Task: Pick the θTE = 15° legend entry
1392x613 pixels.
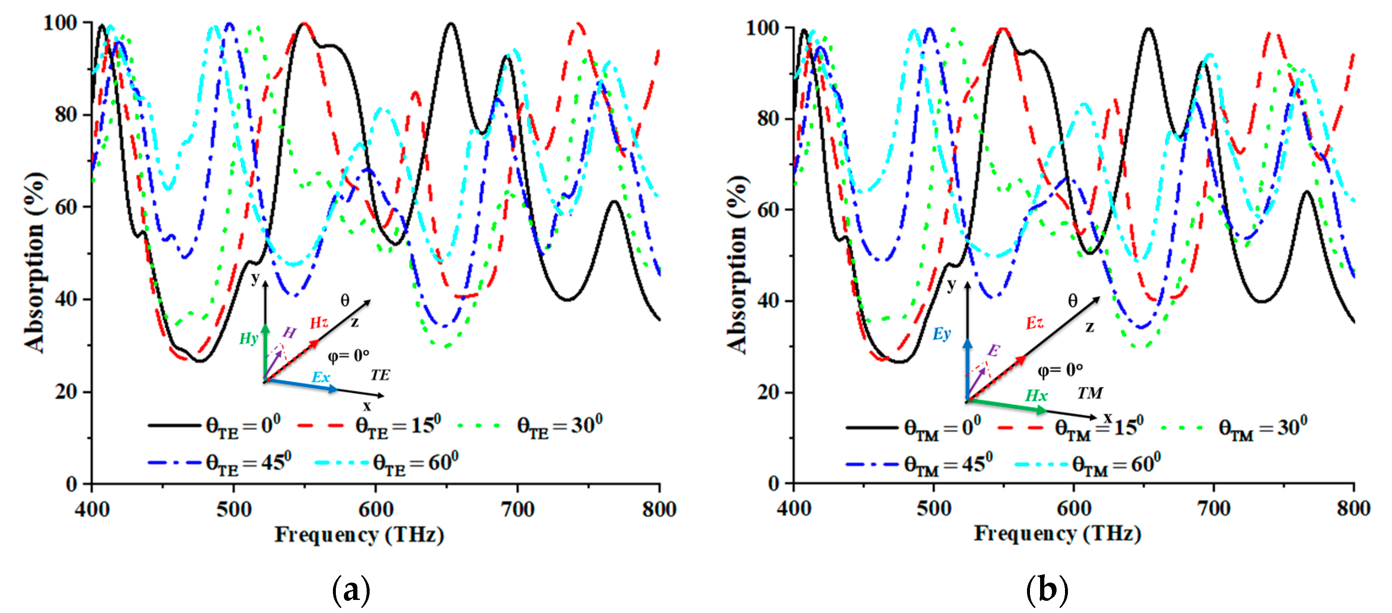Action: tap(370, 426)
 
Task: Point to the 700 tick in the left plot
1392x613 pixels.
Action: tap(517, 509)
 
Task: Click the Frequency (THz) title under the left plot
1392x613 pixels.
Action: tap(359, 535)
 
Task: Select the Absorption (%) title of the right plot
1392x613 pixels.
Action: tap(737, 265)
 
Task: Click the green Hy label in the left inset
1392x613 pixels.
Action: tap(248, 339)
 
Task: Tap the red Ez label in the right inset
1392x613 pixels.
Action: tap(1034, 323)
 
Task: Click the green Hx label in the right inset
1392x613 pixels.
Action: tap(1036, 395)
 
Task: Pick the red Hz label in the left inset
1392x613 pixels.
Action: tap(319, 323)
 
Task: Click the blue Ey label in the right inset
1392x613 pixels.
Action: tap(941, 334)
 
